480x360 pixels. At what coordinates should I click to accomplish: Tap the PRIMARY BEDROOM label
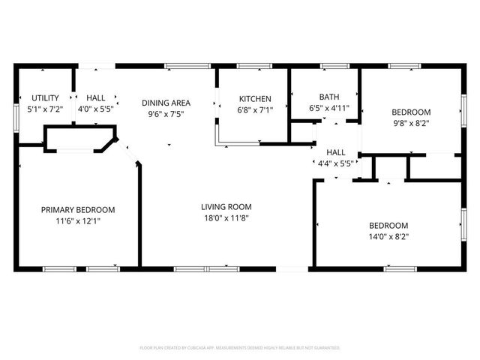(x=78, y=210)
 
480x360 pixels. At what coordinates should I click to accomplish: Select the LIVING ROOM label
(x=226, y=207)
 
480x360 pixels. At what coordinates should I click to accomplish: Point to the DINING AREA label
(x=166, y=103)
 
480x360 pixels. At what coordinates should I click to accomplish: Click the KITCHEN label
(x=255, y=99)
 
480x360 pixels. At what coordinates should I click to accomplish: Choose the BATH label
(x=329, y=97)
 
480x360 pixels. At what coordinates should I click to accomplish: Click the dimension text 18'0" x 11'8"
(x=226, y=217)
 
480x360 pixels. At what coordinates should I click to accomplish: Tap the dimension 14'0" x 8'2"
(x=388, y=236)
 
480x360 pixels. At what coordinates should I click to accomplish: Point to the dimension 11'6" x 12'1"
(x=78, y=221)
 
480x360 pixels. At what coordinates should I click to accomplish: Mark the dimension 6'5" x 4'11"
(x=329, y=108)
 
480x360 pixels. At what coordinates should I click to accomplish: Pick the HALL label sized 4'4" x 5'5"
(x=335, y=152)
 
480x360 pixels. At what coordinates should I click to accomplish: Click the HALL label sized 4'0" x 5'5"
(x=95, y=97)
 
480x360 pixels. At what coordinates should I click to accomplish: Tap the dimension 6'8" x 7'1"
(x=255, y=109)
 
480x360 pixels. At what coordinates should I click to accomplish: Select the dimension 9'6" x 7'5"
(x=166, y=114)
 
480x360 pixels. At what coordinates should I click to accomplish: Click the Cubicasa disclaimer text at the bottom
(x=240, y=348)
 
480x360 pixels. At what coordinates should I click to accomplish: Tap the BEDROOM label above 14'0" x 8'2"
(x=388, y=226)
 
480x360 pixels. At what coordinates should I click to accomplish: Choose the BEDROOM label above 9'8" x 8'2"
(x=411, y=112)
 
